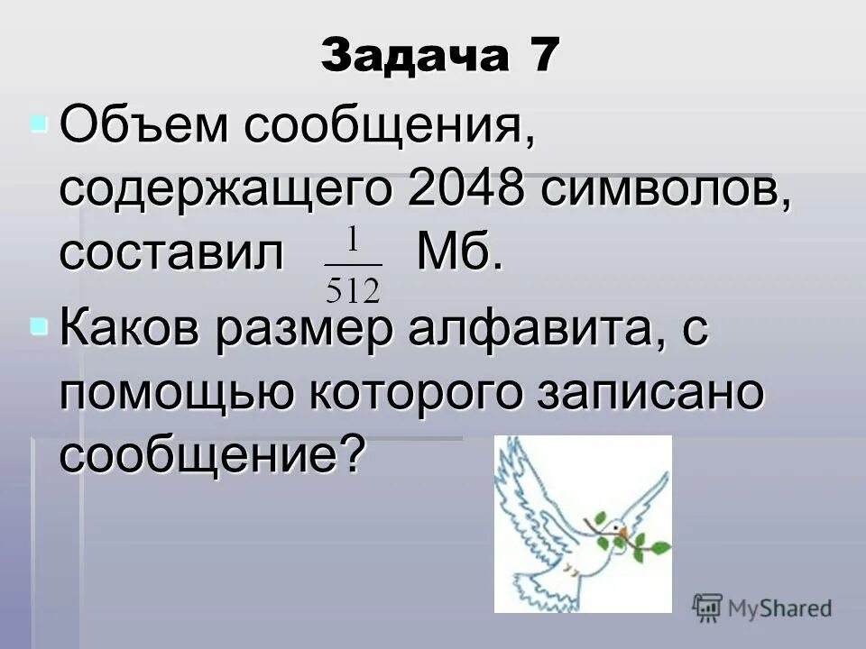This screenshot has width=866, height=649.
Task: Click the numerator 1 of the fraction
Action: click(x=353, y=240)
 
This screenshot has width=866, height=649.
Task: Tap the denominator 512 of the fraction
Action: click(x=353, y=290)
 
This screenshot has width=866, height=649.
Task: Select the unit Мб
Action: click(x=457, y=255)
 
